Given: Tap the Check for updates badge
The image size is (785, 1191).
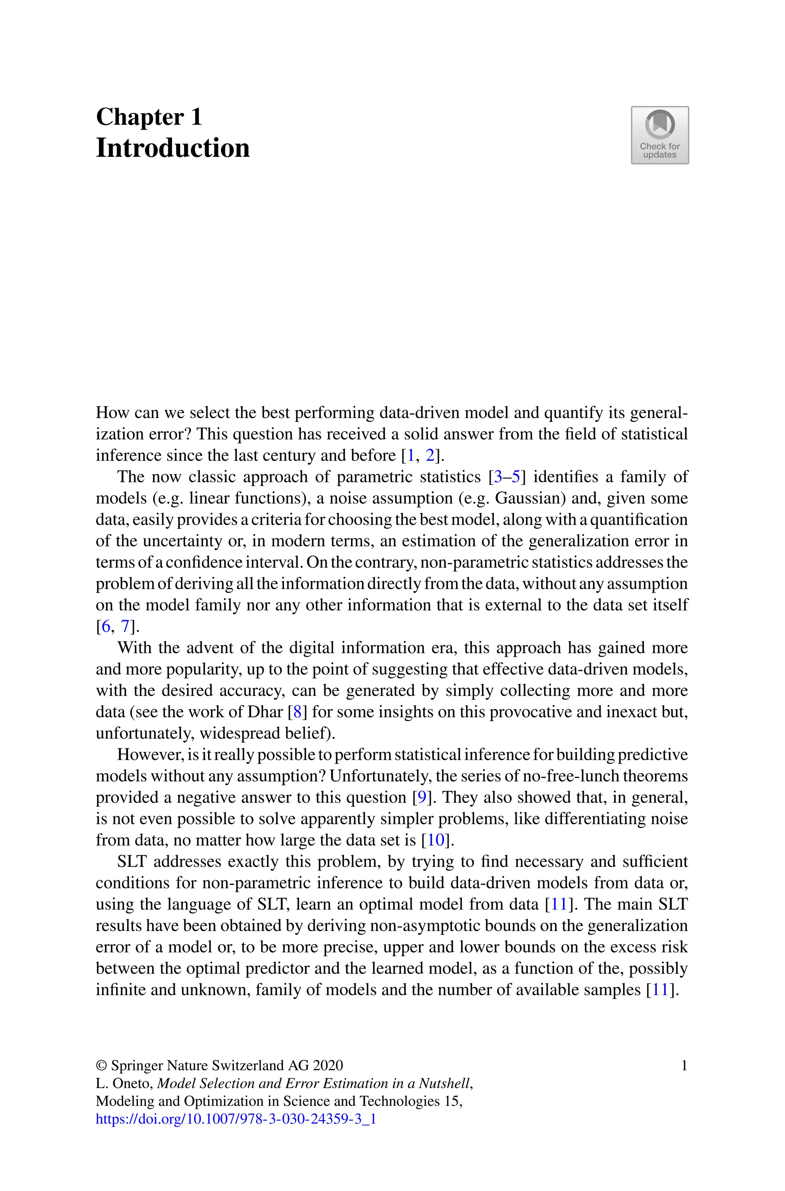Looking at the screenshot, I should point(659,135).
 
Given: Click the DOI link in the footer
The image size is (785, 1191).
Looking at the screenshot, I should point(235,1119).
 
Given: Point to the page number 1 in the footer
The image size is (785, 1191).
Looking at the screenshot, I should point(684,1065).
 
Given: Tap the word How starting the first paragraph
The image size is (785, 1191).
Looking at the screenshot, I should point(108,413).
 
